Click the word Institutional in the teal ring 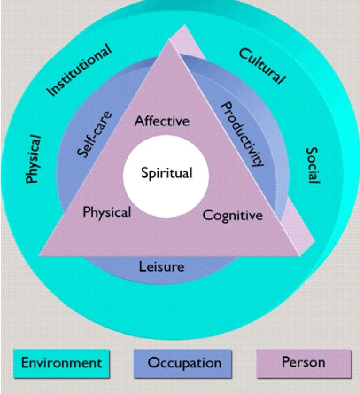click(79, 70)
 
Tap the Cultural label click(261, 66)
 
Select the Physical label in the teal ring click(34, 159)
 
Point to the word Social click(313, 166)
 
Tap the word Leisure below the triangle click(161, 267)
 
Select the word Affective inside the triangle click(162, 121)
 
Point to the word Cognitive click(232, 215)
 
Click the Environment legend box click(61, 363)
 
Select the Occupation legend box click(183, 363)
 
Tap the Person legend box click(303, 362)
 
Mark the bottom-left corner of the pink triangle click(40, 255)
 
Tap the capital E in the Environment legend click(25, 363)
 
